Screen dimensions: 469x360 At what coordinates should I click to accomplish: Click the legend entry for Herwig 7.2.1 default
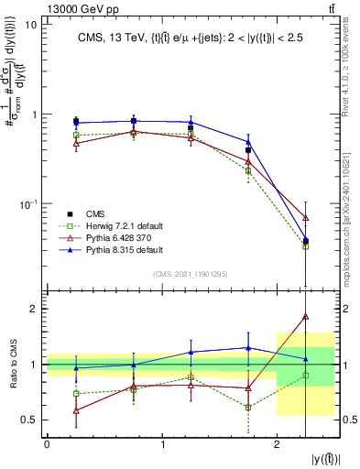pyautogui.click(x=106, y=224)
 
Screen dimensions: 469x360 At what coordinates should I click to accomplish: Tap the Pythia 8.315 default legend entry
pyautogui.click(x=108, y=249)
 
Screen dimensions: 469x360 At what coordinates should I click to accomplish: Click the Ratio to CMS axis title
pyautogui.click(x=13, y=365)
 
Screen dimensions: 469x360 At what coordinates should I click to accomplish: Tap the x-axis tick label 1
pyautogui.click(x=162, y=444)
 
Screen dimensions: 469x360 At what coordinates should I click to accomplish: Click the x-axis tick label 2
pyautogui.click(x=277, y=444)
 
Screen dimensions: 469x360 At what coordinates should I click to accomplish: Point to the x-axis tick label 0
pyautogui.click(x=47, y=444)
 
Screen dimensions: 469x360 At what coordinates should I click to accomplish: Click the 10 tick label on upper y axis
pyautogui.click(x=31, y=26)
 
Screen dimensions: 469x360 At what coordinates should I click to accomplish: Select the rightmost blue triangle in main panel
pyautogui.click(x=306, y=240)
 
